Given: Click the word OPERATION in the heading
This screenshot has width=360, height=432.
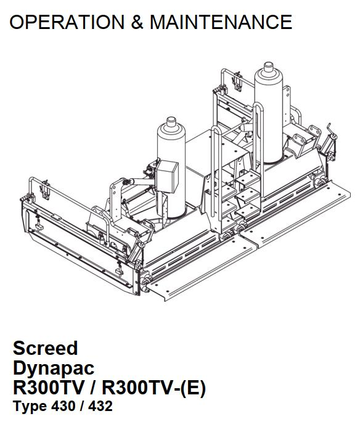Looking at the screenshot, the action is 67,22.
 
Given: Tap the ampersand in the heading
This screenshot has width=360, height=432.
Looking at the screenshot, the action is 137,22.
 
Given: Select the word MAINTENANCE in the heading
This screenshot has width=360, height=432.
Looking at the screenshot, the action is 221,22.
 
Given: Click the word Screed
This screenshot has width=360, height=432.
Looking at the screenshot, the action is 46,348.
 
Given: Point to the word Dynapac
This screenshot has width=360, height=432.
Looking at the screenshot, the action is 54,368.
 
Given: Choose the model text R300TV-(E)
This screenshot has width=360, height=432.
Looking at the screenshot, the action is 154,388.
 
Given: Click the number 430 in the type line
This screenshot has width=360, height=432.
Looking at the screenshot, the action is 63,406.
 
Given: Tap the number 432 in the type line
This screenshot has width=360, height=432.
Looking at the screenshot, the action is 100,406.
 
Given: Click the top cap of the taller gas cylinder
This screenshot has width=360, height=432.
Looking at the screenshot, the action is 268,67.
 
